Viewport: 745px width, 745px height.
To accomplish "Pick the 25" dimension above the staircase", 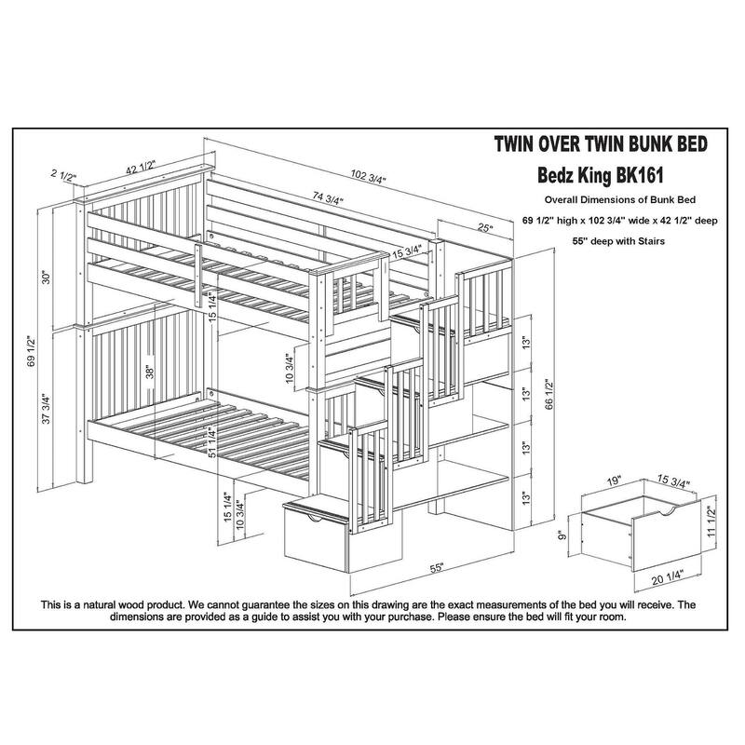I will [484, 227].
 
